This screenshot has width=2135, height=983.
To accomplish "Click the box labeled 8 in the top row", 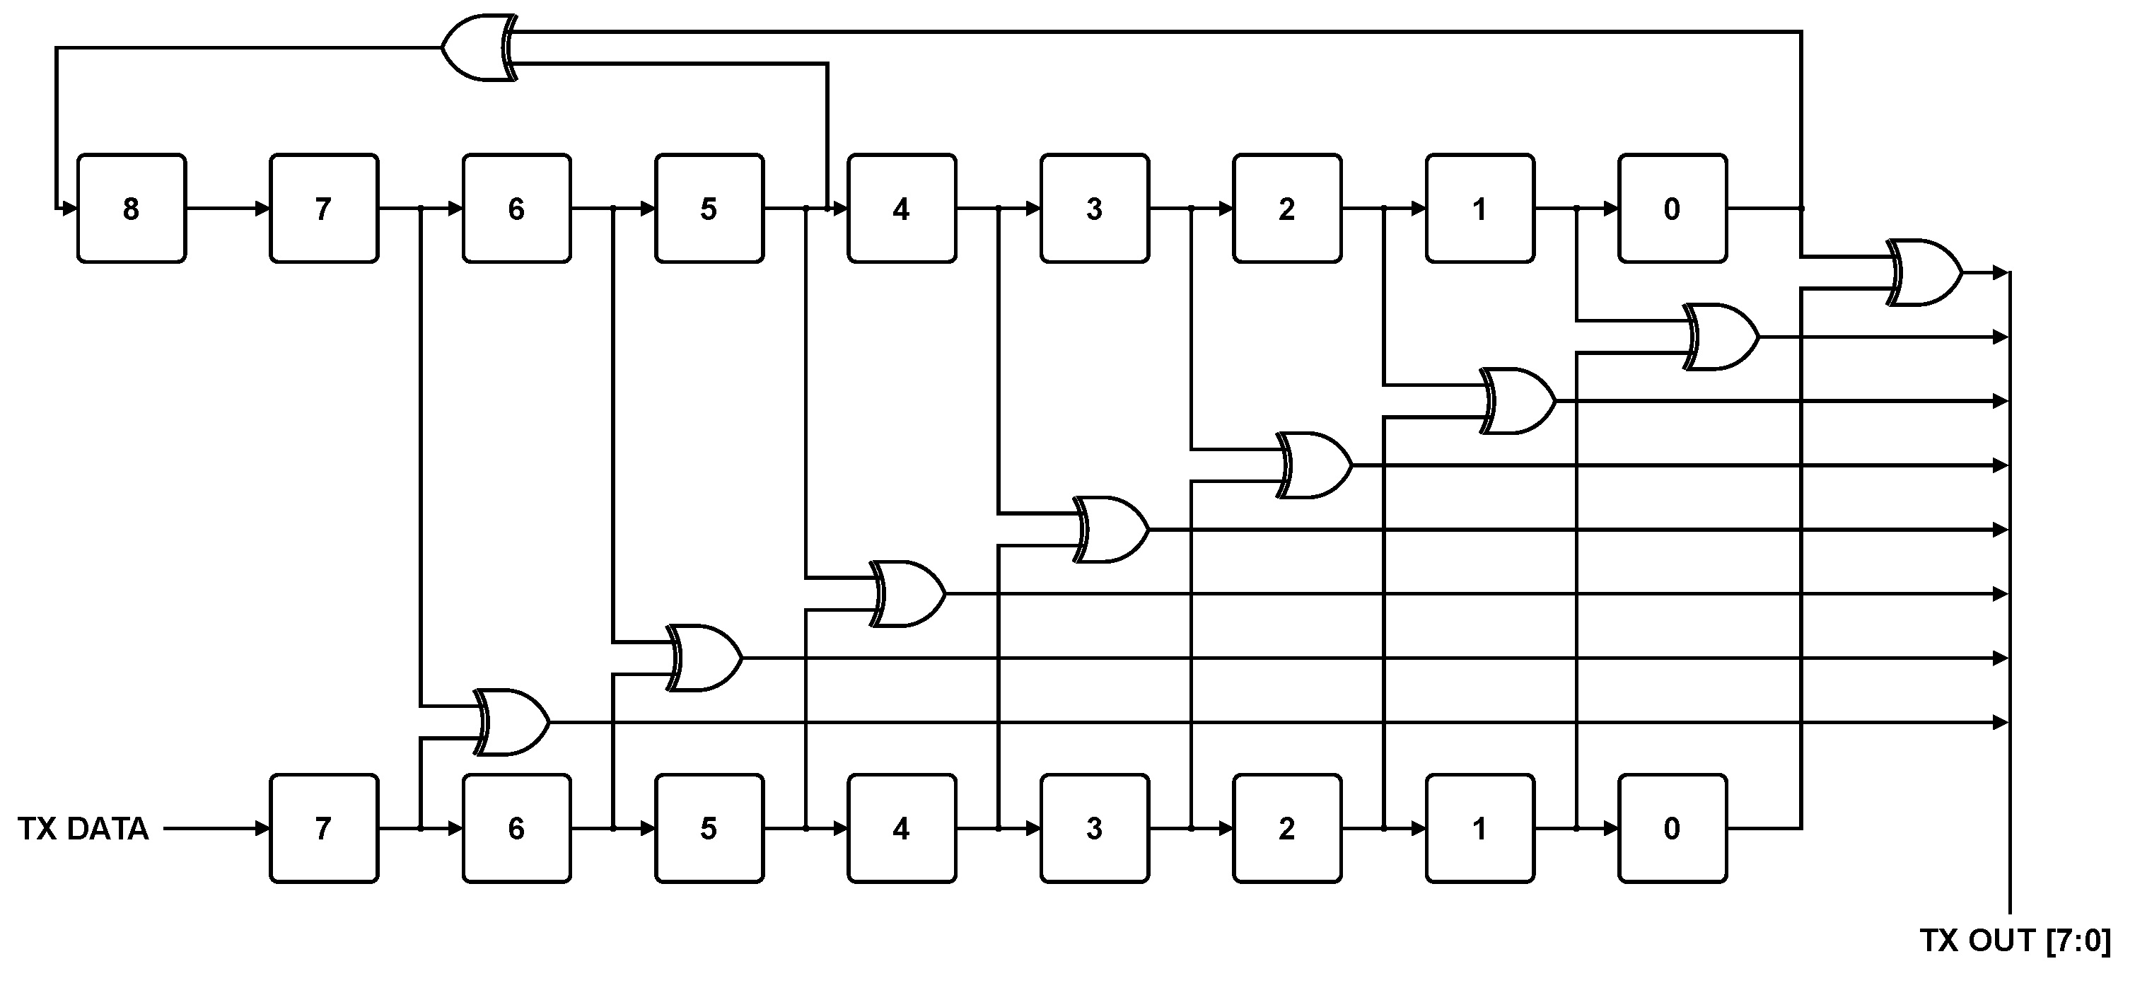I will click(x=131, y=208).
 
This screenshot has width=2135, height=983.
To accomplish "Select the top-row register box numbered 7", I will click(x=323, y=208).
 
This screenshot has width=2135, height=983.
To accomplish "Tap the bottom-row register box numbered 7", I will click(x=323, y=828).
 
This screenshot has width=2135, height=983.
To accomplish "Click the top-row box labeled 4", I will click(x=901, y=208).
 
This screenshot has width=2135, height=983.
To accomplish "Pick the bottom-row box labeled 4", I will click(x=901, y=828).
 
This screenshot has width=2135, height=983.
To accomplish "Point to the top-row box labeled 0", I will click(x=1672, y=208).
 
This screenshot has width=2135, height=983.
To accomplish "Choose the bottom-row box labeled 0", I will click(x=1672, y=828).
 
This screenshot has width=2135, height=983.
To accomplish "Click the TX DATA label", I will click(x=83, y=828).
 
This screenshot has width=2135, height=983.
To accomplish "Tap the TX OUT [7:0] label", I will click(x=2015, y=941).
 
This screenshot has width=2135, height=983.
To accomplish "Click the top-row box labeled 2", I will click(x=1286, y=208).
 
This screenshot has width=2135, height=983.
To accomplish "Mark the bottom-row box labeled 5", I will click(x=709, y=828).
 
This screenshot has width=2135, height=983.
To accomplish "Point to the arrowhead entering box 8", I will click(x=69, y=208).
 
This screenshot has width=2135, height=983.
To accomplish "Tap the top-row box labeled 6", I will click(x=516, y=208).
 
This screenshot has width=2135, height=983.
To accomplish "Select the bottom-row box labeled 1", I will click(x=1479, y=828).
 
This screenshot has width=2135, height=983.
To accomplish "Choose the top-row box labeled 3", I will click(x=1094, y=208).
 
